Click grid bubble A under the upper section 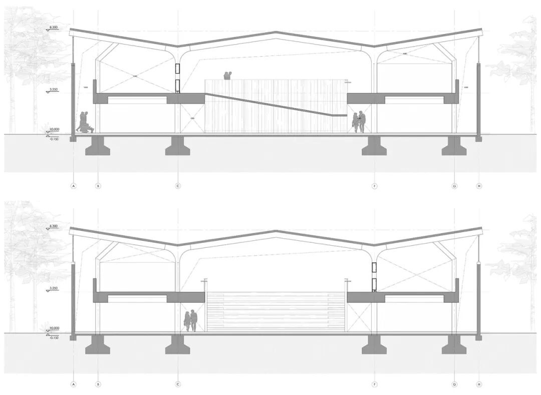(x=74, y=186)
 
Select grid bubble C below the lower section (x=178, y=384)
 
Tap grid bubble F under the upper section (x=374, y=186)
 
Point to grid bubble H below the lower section (x=479, y=384)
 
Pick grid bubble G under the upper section (x=454, y=186)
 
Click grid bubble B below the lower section (x=98, y=384)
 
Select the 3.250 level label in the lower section (x=54, y=289)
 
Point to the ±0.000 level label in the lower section (x=54, y=327)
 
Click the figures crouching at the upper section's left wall (x=84, y=123)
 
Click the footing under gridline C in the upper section (x=178, y=146)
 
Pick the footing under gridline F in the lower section (x=374, y=344)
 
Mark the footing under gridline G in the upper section (x=454, y=146)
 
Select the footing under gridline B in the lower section (x=98, y=344)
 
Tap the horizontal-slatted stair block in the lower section (x=276, y=312)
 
